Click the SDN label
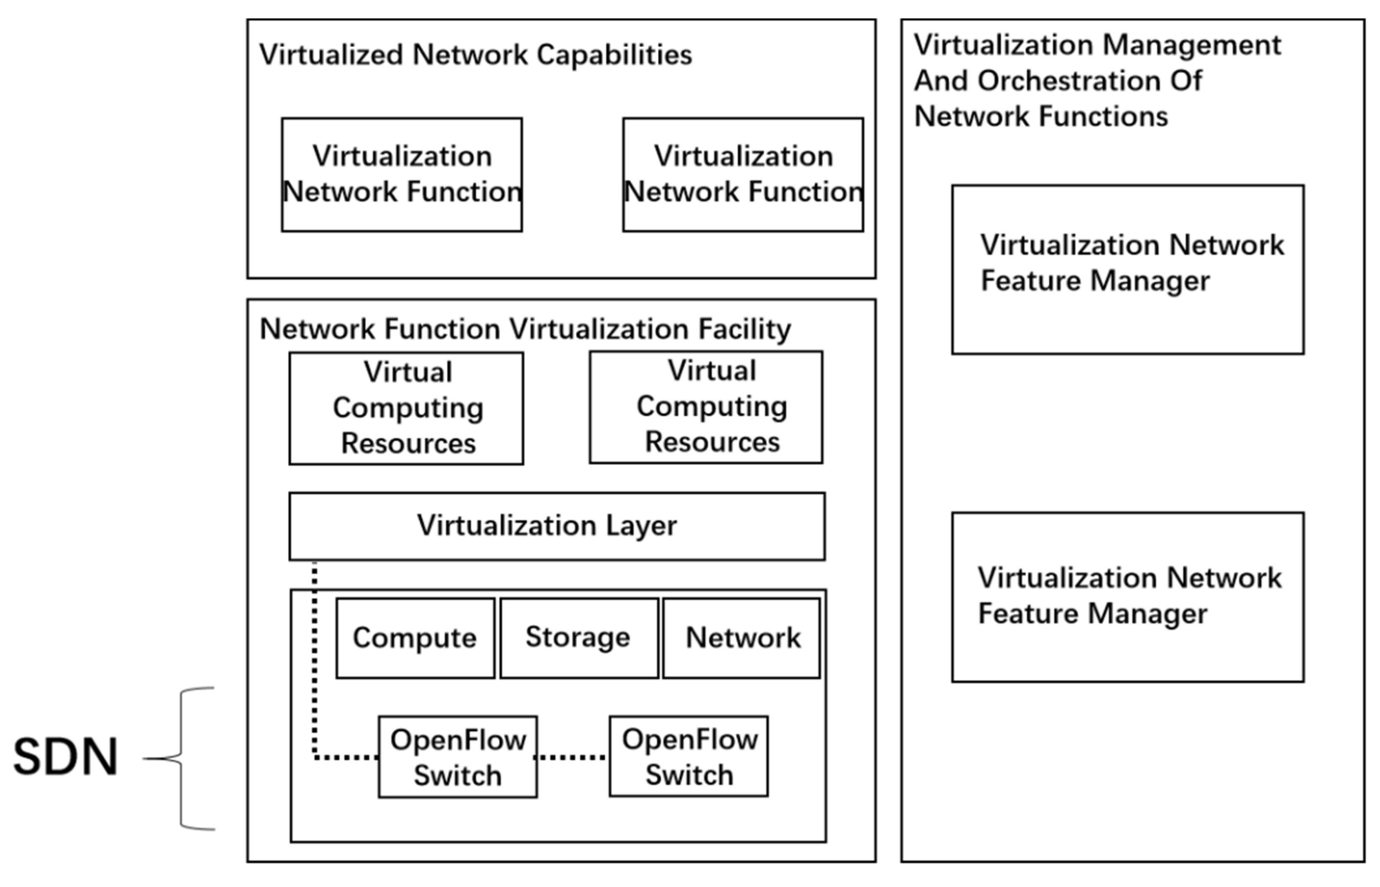tap(66, 756)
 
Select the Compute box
tap(415, 638)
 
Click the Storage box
tap(579, 638)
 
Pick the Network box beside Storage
tap(742, 638)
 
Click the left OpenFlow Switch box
tap(458, 757)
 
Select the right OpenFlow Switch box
tap(689, 756)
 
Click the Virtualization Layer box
tap(557, 526)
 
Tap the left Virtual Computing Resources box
tap(407, 408)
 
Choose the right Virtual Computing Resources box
tap(706, 407)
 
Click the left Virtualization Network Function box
tap(402, 174)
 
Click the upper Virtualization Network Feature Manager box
tap(1127, 269)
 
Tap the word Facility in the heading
tap(745, 329)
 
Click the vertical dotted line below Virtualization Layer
tap(314, 656)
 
